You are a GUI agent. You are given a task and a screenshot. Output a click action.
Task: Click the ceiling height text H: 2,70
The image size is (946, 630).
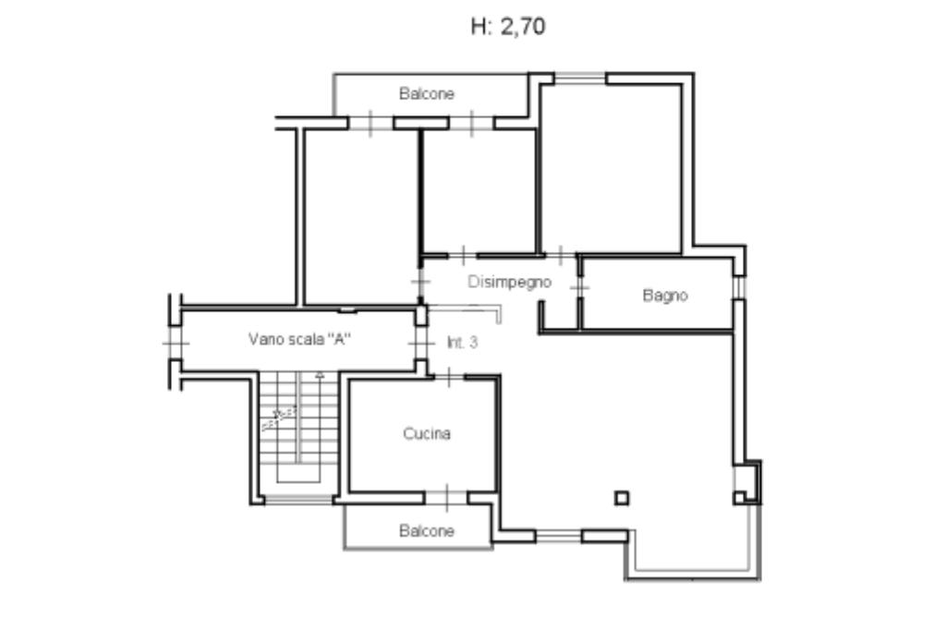508,27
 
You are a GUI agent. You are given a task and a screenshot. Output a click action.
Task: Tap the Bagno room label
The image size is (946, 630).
665,295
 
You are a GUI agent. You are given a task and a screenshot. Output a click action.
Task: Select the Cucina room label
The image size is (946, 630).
427,433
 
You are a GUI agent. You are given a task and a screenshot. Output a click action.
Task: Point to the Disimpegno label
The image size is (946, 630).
510,282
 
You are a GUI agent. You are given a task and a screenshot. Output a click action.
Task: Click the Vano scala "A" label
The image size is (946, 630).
300,338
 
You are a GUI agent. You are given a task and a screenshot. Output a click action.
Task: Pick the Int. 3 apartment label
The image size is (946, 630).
462,342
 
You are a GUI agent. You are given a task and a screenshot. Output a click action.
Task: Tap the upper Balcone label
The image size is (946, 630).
427,93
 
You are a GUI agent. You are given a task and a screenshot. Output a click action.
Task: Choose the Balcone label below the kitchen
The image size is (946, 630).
427,531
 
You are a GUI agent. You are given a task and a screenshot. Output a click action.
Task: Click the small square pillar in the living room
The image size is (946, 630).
622,498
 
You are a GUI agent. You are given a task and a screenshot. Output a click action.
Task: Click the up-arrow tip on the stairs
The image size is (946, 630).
320,373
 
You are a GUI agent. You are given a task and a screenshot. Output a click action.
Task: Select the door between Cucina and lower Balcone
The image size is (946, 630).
446,498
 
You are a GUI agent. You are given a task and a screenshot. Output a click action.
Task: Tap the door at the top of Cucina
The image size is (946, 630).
449,377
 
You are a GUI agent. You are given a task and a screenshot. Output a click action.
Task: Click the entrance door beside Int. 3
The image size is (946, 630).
421,343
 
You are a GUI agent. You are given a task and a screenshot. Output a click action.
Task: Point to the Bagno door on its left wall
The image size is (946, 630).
579,287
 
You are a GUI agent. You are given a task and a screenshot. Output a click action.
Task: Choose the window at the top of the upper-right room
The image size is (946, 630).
580,78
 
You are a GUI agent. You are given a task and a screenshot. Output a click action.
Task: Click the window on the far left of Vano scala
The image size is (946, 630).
176,343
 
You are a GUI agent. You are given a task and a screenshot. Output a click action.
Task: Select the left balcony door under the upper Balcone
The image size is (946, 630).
370,123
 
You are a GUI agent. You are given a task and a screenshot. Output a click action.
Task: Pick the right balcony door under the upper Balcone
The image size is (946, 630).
471,123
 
